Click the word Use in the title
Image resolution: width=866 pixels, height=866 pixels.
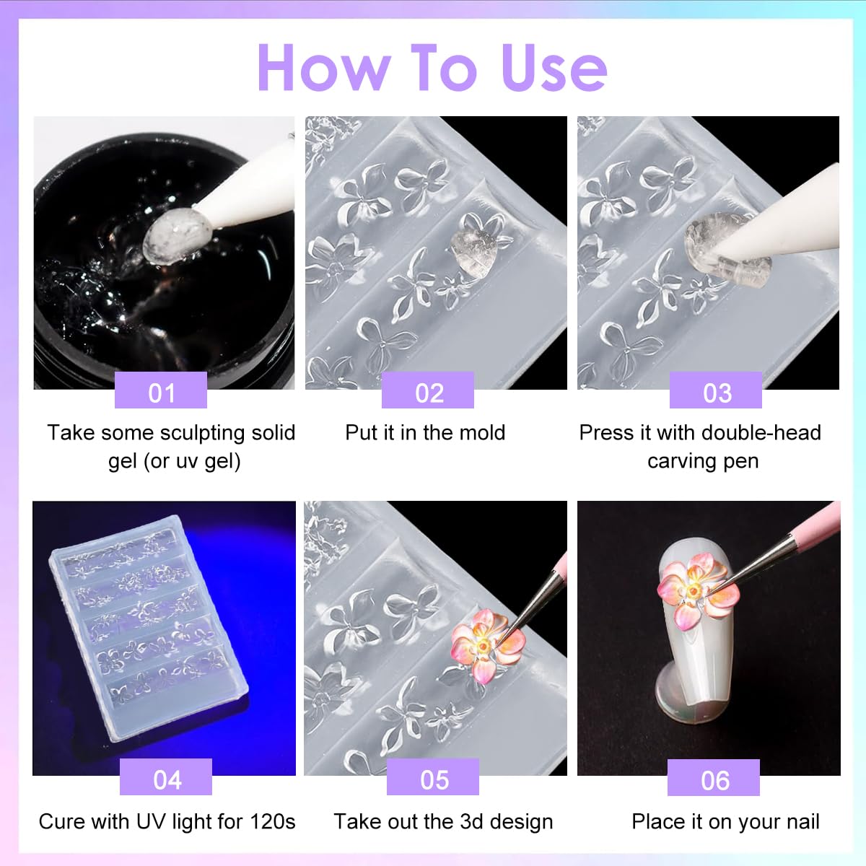pos(554,68)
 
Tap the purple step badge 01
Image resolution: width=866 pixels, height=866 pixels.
pos(161,392)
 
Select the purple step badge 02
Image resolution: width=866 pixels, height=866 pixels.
pos(428,392)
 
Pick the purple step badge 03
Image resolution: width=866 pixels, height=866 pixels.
pos(716,392)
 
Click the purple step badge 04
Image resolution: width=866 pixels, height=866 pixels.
pos(166,779)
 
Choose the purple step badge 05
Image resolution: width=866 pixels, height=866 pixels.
pos(433,779)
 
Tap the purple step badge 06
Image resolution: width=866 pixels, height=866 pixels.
pos(714,779)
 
